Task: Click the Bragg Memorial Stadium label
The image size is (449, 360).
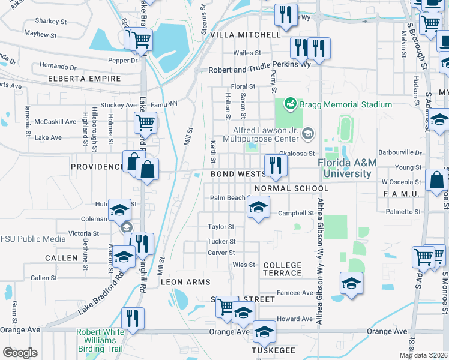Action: coord(346,104)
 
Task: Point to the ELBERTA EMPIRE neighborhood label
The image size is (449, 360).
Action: coord(85,79)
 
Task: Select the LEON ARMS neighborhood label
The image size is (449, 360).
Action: coord(185,282)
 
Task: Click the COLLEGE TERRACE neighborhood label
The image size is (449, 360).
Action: coord(282,269)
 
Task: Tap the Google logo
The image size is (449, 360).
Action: coord(20,352)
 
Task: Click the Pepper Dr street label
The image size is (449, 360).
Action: coord(123,61)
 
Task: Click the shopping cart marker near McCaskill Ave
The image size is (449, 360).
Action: coord(145,123)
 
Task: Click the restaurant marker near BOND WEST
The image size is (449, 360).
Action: coord(276,166)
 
